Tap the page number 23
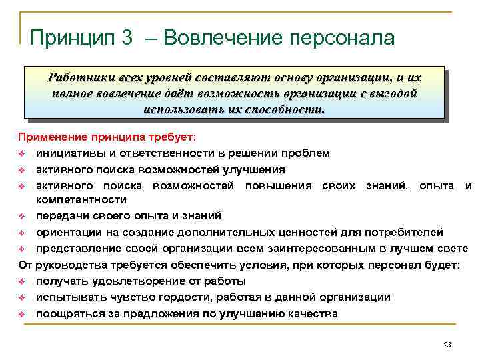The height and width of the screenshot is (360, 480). [447, 345]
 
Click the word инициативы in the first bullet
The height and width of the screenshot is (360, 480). [67, 153]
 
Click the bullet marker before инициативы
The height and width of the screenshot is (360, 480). [21, 153]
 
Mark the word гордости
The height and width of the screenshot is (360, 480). [186, 297]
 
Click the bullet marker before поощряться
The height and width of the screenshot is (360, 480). [21, 313]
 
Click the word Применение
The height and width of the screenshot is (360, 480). [50, 137]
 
